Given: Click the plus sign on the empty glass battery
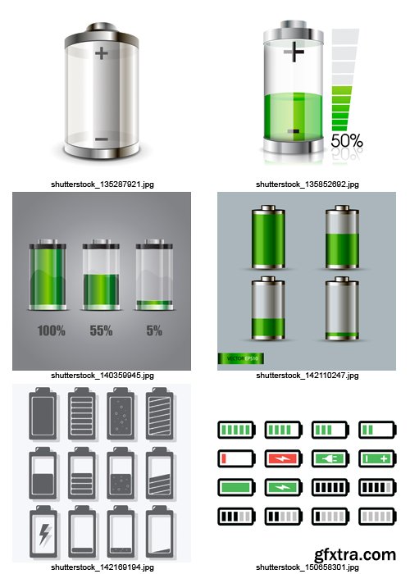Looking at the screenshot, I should (x=101, y=54).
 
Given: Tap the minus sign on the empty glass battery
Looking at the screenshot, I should (x=101, y=139).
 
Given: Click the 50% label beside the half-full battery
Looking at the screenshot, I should (x=346, y=141).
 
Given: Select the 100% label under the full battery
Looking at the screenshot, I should (x=51, y=331).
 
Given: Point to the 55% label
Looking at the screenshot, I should (x=102, y=331).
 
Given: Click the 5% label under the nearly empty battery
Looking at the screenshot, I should (x=153, y=331).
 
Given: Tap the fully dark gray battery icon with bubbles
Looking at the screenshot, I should (x=121, y=410).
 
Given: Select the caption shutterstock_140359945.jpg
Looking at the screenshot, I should (x=102, y=375).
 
